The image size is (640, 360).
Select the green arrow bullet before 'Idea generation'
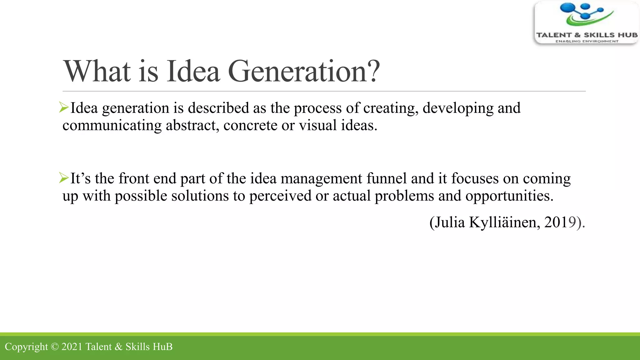(x=64, y=107)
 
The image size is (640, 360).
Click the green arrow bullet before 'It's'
(x=64, y=178)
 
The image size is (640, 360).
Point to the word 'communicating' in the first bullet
(x=112, y=126)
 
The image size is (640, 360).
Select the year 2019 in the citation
(x=560, y=222)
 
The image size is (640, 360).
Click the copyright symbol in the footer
(x=54, y=347)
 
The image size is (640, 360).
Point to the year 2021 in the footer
(x=72, y=347)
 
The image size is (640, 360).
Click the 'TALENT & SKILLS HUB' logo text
(x=587, y=35)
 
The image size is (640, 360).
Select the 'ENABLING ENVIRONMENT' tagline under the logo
(x=587, y=41)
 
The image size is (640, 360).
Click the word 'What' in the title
(x=97, y=72)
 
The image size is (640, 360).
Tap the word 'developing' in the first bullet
(x=458, y=108)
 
